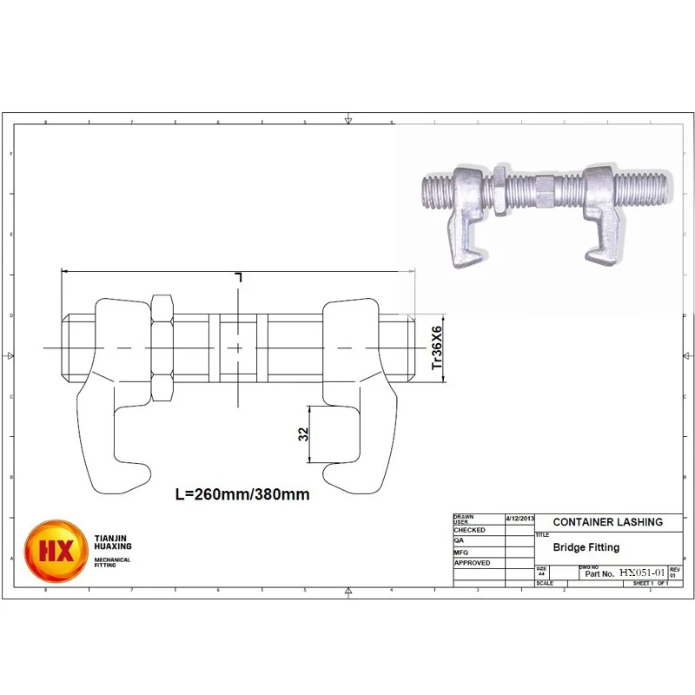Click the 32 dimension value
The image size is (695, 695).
point(304,434)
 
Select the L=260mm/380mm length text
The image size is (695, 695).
point(242,494)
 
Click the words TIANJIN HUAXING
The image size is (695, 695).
point(113,542)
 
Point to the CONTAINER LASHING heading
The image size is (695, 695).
point(607,522)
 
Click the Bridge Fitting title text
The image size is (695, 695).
point(586,547)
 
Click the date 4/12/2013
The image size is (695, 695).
point(519,518)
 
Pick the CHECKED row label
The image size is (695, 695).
point(471,529)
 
